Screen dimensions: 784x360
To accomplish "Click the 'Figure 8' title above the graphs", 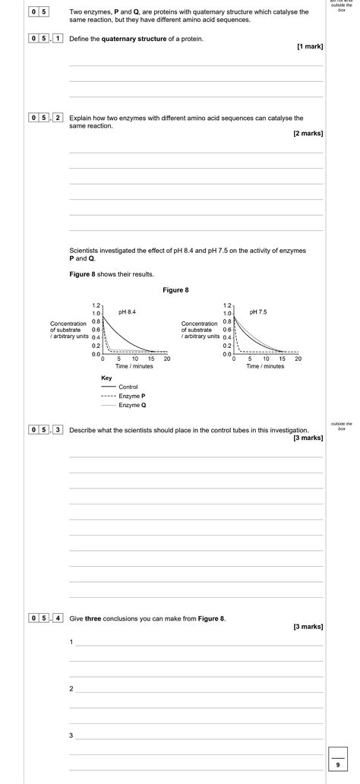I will tap(175, 290).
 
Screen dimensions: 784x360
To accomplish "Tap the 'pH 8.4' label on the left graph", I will tap(127, 312).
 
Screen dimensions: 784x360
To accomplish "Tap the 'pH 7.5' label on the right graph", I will tap(257, 312).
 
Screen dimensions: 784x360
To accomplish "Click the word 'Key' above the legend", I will tap(106, 378).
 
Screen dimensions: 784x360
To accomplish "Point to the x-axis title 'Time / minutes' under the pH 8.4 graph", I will tap(134, 366).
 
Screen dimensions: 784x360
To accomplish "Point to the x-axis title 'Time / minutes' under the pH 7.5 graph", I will tap(265, 366).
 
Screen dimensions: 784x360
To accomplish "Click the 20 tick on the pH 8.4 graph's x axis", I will tap(167, 359).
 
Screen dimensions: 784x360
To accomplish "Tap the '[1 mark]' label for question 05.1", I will tap(310, 47).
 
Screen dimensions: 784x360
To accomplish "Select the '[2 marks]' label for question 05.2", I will tap(308, 134).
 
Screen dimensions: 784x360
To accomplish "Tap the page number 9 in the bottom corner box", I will tap(338, 765).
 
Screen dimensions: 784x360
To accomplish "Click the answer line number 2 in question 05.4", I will tap(71, 689).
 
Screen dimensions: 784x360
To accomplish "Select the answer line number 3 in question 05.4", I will tap(71, 736).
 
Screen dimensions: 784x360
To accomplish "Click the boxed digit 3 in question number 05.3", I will tap(58, 430).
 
